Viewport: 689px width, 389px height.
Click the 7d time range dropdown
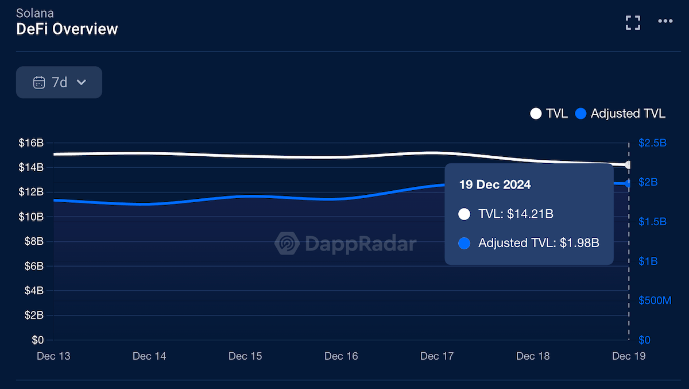pyautogui.click(x=59, y=82)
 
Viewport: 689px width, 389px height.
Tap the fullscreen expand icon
pyautogui.click(x=633, y=22)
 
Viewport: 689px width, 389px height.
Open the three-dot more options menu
pyautogui.click(x=665, y=21)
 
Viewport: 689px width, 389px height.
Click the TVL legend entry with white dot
pyautogui.click(x=549, y=113)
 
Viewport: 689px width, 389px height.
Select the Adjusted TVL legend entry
pyautogui.click(x=621, y=113)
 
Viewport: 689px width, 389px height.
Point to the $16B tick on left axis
pyautogui.click(x=30, y=143)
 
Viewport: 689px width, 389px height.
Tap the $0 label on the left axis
pyautogui.click(x=37, y=340)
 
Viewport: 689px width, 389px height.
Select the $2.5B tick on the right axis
pyautogui.click(x=652, y=143)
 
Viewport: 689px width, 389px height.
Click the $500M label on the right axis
pyautogui.click(x=655, y=301)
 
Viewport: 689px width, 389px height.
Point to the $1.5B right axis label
pyautogui.click(x=652, y=222)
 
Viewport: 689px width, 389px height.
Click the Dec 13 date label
pyautogui.click(x=53, y=356)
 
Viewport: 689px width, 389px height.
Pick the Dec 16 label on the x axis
pyautogui.click(x=341, y=356)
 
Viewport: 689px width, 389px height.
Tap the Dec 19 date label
pyautogui.click(x=629, y=356)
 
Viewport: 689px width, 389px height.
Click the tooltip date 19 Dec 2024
pyautogui.click(x=494, y=185)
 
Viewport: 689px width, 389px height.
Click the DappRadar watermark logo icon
pyautogui.click(x=287, y=244)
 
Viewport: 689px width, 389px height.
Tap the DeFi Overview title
pyautogui.click(x=67, y=29)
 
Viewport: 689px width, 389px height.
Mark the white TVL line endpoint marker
pyautogui.click(x=628, y=165)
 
